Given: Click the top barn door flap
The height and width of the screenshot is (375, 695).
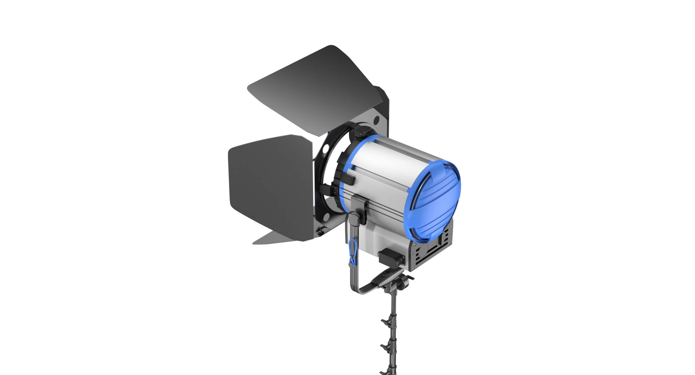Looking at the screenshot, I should tap(316, 91).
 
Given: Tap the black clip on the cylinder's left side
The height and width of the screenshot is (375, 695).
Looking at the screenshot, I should tap(349, 180).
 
